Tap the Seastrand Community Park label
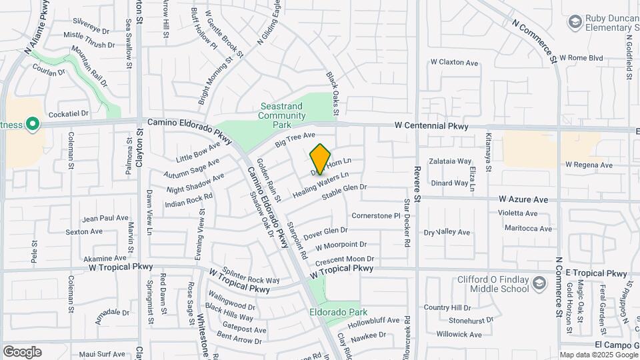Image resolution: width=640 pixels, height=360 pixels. [x=282, y=115]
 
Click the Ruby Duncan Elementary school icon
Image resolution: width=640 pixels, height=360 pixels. [x=575, y=23]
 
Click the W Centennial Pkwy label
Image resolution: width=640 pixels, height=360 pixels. [x=431, y=125]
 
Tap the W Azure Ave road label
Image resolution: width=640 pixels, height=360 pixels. [x=523, y=199]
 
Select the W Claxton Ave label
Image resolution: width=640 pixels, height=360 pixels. [x=455, y=63]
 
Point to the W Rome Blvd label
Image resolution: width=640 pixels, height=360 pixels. [x=581, y=58]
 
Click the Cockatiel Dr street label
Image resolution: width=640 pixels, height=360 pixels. [x=69, y=114]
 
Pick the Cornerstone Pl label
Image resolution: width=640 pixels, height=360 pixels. [x=375, y=216]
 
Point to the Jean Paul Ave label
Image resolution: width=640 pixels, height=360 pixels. [x=105, y=218]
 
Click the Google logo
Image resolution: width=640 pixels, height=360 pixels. [x=21, y=352]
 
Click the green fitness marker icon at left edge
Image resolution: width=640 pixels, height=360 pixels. [x=31, y=124]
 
